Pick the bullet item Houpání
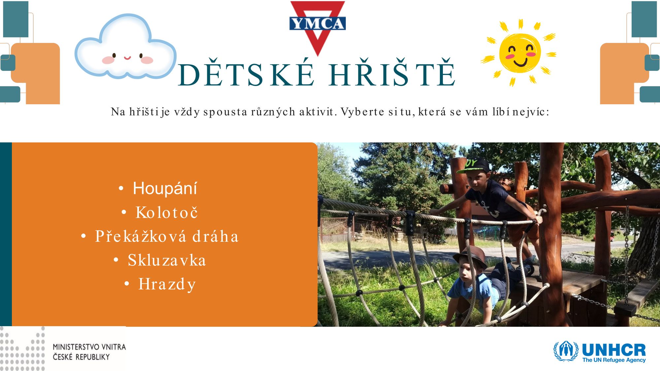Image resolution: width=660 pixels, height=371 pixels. [x=165, y=188]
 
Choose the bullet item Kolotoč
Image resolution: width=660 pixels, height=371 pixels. [x=167, y=212]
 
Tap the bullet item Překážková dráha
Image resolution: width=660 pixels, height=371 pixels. [x=167, y=236]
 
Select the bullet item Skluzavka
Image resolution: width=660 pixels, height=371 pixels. [x=167, y=260]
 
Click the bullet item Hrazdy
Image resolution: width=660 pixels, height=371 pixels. [x=167, y=284]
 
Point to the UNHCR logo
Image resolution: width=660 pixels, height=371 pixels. [x=599, y=352]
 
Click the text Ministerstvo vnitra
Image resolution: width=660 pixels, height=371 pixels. [x=89, y=347]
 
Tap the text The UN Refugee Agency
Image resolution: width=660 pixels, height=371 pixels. [x=614, y=360]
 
